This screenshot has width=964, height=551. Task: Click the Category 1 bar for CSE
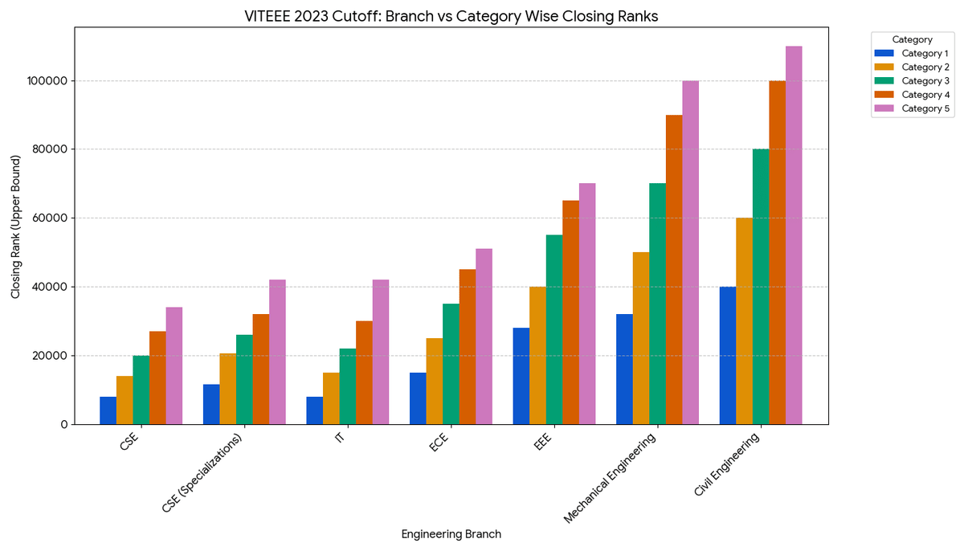(108, 410)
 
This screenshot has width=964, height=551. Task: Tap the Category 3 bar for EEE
(554, 329)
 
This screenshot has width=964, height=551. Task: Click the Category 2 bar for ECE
(435, 381)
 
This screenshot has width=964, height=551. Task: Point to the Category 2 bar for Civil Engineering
(744, 320)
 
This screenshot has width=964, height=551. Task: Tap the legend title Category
(912, 39)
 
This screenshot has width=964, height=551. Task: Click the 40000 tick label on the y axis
(50, 287)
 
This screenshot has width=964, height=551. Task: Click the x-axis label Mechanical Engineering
(611, 479)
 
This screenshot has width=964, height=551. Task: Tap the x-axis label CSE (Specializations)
(202, 474)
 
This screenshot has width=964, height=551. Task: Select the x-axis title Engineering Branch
(451, 534)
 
